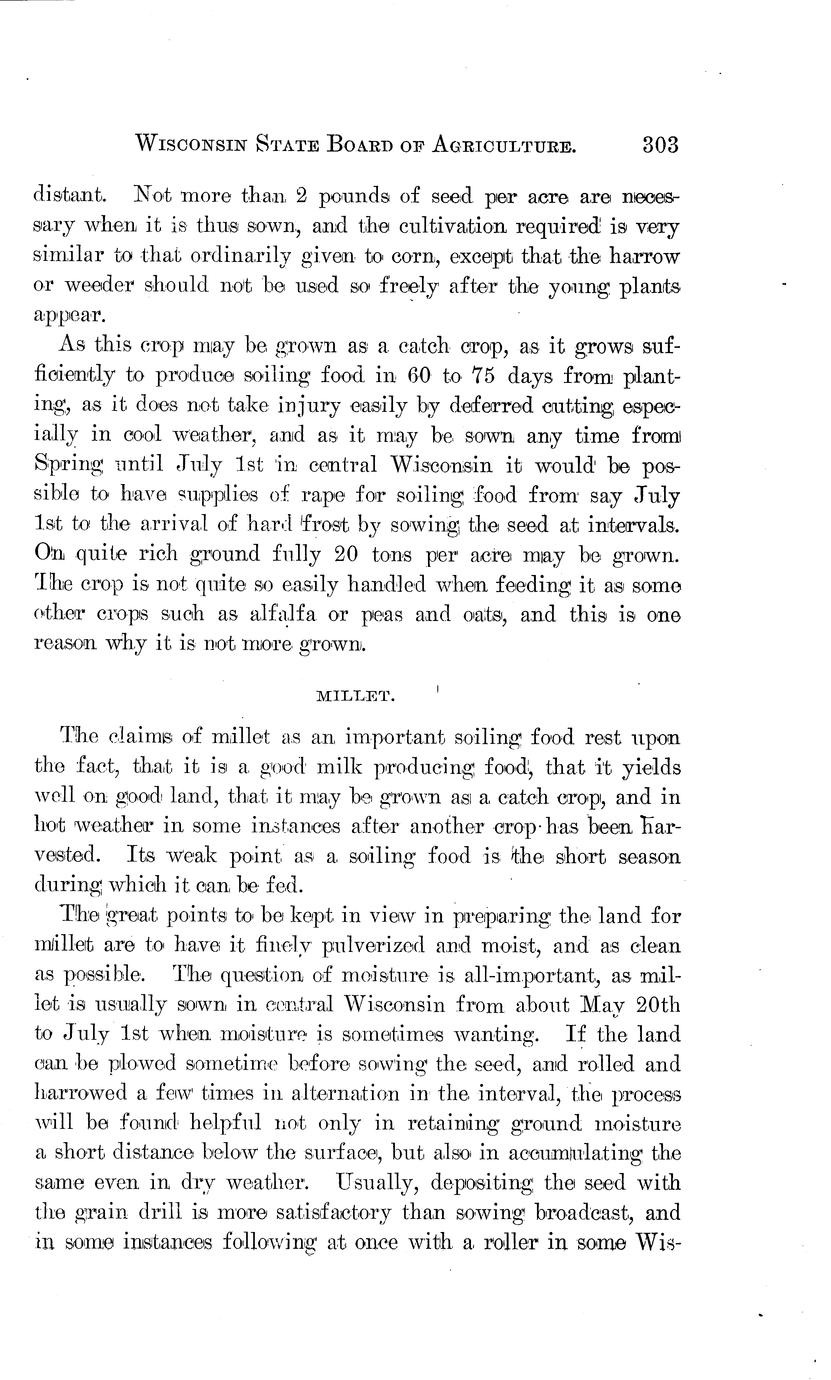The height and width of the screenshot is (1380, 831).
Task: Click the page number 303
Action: (659, 144)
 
